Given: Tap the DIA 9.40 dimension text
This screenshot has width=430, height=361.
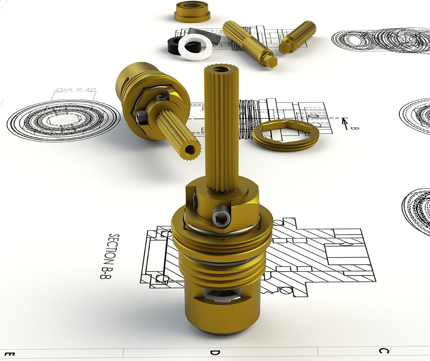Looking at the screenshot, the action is point(76,89).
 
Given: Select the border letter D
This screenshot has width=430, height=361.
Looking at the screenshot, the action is point(215,352).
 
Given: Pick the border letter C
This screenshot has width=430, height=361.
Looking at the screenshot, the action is point(383,351).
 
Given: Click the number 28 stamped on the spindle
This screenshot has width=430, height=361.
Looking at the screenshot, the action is point(272,61).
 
